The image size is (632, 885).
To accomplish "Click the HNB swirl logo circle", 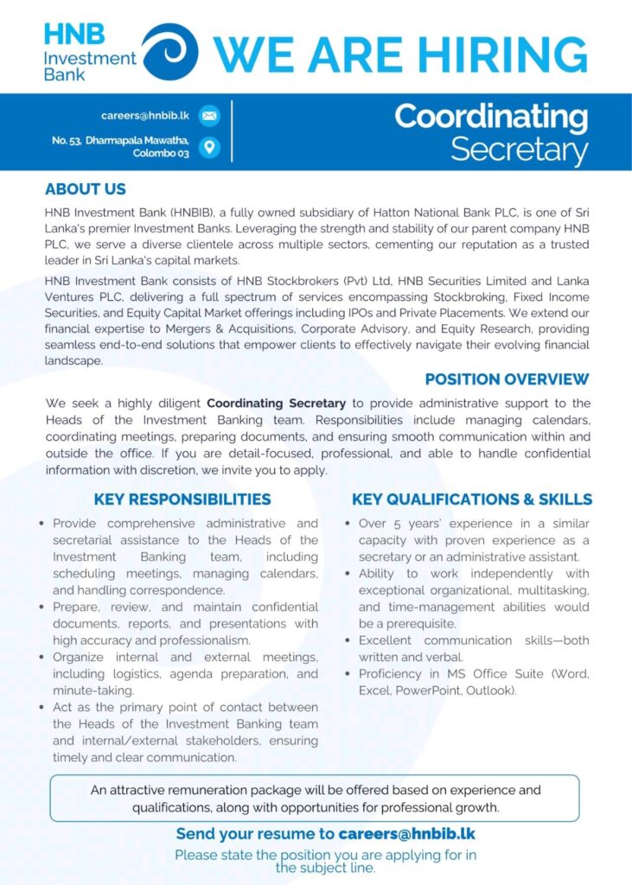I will [x=169, y=52].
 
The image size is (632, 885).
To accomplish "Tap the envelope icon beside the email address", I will [x=209, y=115].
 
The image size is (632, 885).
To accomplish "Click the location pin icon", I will [x=209, y=147].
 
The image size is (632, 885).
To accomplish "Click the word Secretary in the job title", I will [x=519, y=150].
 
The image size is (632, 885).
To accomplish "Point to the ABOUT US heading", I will [x=85, y=189].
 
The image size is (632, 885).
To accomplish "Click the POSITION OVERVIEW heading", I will [x=507, y=379].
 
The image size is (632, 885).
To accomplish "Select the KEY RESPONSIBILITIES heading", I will [x=182, y=500].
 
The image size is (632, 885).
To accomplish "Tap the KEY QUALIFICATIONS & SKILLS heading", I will [x=471, y=500].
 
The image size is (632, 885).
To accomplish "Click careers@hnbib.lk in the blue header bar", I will [x=146, y=115].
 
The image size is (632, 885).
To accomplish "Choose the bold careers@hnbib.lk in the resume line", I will [x=406, y=834].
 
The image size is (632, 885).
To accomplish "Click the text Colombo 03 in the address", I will [x=160, y=154].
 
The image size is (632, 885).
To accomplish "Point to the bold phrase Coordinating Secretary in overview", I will [x=276, y=404].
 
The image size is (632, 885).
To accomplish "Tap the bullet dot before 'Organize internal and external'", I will [x=42, y=658].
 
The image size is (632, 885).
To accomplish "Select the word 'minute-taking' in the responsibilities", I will [x=93, y=691].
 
